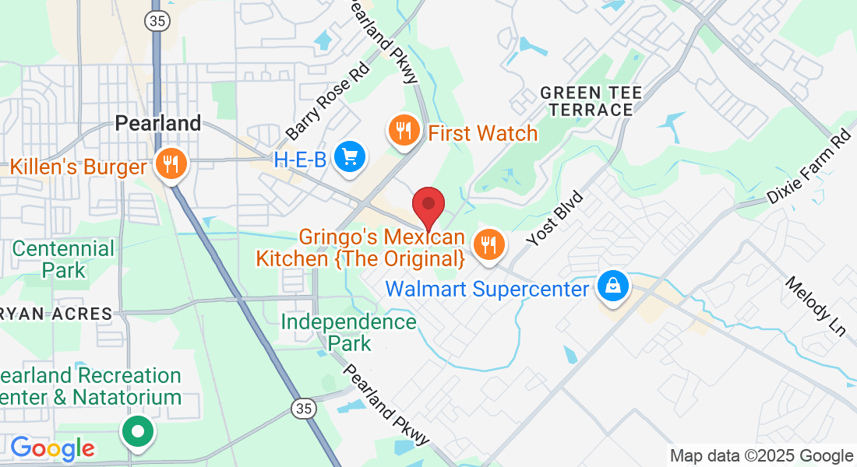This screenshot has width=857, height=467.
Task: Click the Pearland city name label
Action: click(158, 123)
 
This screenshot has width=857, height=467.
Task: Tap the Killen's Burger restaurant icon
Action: click(169, 164)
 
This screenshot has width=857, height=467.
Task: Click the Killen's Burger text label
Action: click(79, 167)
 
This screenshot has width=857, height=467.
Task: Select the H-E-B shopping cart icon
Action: click(350, 158)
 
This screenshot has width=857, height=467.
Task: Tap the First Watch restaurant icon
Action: click(404, 130)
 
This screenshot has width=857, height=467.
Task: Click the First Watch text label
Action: click(483, 134)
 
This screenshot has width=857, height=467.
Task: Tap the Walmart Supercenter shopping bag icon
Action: click(614, 286)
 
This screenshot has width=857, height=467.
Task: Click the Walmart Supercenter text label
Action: click(487, 290)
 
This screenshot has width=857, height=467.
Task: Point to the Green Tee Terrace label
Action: click(591, 102)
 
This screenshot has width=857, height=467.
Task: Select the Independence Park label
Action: click(349, 332)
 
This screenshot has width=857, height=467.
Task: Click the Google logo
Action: click(52, 448)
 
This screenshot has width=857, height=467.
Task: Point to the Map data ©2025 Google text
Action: click(761, 456)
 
